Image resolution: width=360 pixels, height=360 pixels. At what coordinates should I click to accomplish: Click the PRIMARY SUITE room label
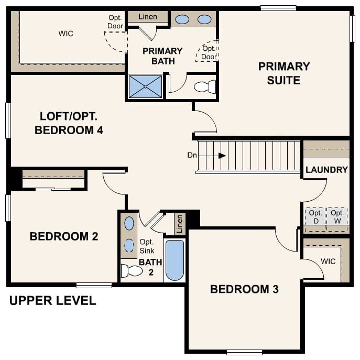(283, 73)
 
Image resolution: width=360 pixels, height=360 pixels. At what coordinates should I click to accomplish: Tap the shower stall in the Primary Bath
(145, 86)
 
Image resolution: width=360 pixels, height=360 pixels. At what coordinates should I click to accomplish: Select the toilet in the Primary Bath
(205, 86)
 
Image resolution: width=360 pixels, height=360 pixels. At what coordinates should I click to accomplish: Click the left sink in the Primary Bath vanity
(182, 19)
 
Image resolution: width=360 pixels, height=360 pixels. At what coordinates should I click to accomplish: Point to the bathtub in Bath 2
(174, 260)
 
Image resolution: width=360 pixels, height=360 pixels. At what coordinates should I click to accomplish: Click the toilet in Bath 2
(132, 271)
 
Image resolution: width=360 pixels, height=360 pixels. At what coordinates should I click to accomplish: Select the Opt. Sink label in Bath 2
(147, 246)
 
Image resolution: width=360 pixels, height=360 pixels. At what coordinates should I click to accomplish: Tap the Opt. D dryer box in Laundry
(315, 216)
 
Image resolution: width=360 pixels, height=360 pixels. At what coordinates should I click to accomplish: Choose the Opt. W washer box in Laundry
(337, 216)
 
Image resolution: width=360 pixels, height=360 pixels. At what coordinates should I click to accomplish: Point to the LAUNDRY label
(326, 170)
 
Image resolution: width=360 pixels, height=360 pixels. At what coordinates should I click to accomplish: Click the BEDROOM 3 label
(244, 289)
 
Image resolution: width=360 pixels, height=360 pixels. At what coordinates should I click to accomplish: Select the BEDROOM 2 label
(64, 236)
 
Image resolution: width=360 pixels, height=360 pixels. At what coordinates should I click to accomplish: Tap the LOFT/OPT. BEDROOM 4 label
(69, 123)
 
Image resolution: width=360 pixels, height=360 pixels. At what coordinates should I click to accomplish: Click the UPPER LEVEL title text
(53, 301)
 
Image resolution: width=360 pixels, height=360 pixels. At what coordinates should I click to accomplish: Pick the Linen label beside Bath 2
(180, 224)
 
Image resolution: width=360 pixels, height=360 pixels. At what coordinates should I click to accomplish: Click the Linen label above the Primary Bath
(148, 17)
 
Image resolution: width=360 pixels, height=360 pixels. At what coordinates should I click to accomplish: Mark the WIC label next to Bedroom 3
(328, 261)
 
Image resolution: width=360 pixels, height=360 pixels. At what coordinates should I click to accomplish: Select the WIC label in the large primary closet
(66, 34)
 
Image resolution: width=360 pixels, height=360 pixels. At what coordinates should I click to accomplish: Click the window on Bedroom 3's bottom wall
(244, 352)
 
